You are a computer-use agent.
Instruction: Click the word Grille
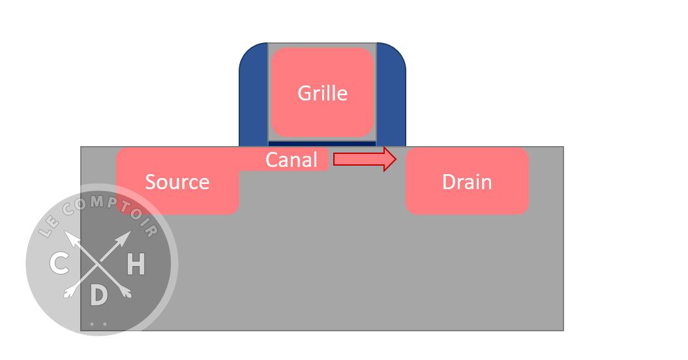coord(322,93)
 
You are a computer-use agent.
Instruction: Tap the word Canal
coord(291,160)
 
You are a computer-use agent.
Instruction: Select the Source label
coord(177,182)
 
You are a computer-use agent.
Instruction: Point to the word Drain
coord(467,182)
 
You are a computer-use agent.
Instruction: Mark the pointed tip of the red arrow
coord(395,159)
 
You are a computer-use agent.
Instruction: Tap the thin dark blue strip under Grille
coord(322,143)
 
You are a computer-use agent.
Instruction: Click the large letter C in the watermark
coord(59,264)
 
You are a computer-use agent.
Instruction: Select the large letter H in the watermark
coord(135,265)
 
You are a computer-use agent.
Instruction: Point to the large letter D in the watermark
coord(98,295)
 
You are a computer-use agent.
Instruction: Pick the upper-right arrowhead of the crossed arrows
coord(125,238)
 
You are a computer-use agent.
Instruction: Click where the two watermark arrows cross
coord(98,264)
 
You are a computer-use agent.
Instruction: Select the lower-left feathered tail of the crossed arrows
coord(68,293)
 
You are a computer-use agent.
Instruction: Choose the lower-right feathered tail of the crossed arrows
coord(127,293)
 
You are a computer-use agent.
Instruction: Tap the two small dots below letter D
coord(98,323)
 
